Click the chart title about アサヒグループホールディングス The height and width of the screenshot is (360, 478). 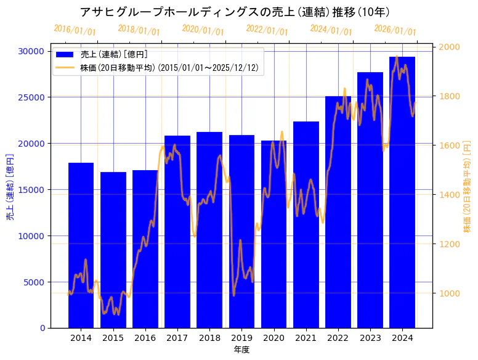click(x=235, y=12)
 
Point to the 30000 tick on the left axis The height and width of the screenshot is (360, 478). click(x=33, y=51)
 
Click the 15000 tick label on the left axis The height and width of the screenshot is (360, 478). click(x=33, y=190)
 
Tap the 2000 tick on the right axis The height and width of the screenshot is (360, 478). click(x=449, y=47)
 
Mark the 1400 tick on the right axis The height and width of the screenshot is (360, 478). click(x=449, y=195)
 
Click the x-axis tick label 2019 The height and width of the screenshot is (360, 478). click(x=241, y=338)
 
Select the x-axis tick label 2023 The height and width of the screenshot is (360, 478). click(x=370, y=338)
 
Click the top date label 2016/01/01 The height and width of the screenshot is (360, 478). click(x=75, y=30)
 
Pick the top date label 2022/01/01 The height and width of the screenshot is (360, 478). click(x=267, y=30)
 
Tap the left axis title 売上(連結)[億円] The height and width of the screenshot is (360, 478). click(x=9, y=187)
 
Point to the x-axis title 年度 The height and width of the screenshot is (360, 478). click(x=241, y=350)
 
